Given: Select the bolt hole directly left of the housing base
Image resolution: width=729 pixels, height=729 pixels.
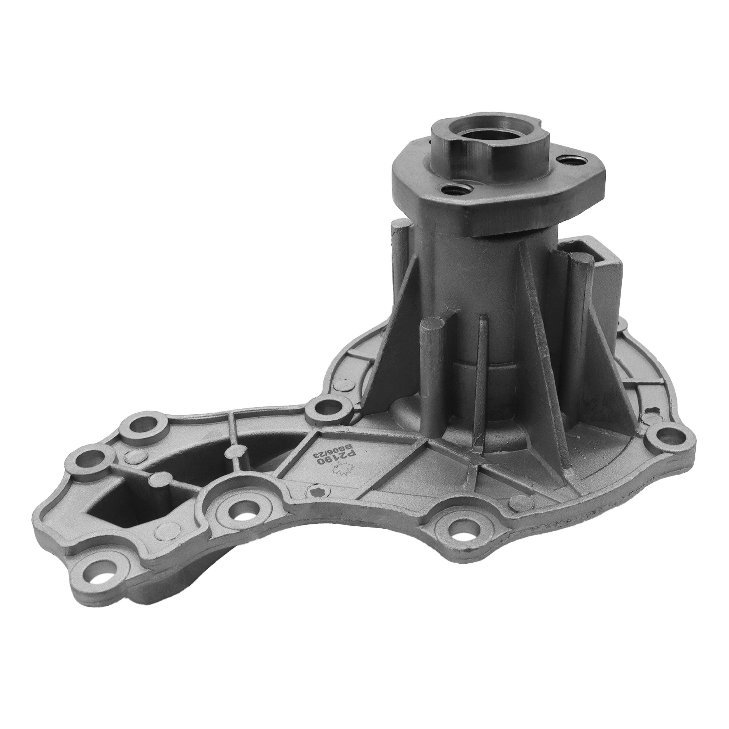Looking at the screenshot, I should (324, 408).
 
